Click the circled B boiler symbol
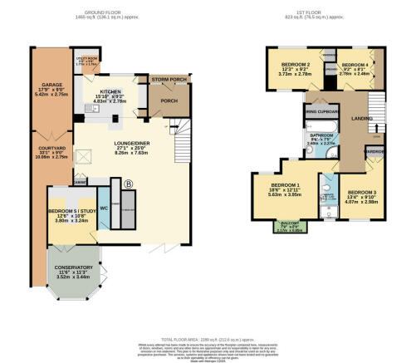127,185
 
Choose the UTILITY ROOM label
87,59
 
